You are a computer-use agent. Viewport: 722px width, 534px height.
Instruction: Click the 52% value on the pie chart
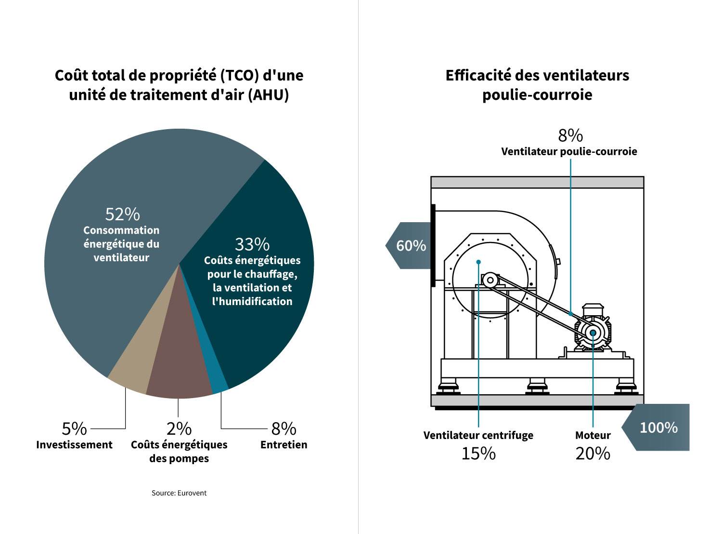coord(122,214)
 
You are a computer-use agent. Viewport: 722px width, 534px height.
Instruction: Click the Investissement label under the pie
coord(74,445)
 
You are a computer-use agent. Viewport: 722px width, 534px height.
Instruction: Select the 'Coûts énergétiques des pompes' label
coord(179,452)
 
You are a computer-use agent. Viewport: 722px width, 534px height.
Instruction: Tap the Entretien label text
coord(284,445)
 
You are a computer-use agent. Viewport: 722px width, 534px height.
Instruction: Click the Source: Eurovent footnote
coord(179,493)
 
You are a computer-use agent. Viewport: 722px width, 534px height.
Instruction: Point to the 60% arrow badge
coord(410,246)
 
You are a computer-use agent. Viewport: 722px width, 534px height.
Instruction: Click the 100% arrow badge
coord(658,427)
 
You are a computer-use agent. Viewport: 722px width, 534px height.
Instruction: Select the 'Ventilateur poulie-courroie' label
coord(569,152)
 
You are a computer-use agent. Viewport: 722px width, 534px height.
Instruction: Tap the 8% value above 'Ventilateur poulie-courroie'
coord(570,136)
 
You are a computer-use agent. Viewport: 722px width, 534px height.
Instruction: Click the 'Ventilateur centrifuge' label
coord(478,436)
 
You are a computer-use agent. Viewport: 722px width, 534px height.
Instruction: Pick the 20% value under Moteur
coord(593,454)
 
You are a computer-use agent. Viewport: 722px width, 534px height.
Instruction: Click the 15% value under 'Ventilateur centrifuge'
coord(478,454)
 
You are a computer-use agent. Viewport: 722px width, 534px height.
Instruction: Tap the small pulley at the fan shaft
coord(490,280)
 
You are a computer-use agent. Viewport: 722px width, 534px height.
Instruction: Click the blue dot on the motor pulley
coord(593,333)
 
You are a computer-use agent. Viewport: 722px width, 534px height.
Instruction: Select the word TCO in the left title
coord(236,76)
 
